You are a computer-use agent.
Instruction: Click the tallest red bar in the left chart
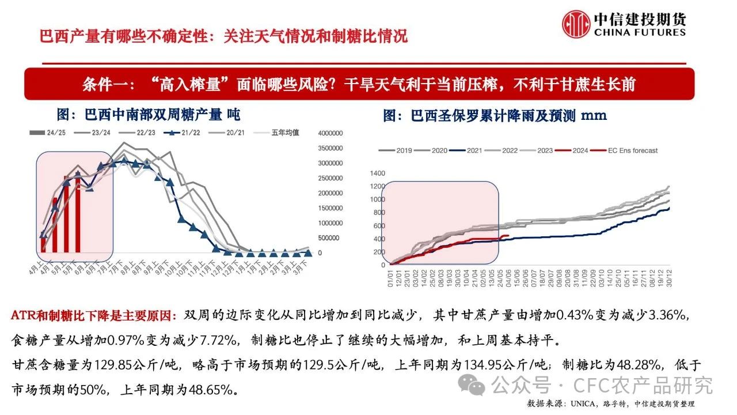[78, 213]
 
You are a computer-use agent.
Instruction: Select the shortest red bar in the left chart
[43, 242]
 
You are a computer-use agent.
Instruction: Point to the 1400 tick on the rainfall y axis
[377, 173]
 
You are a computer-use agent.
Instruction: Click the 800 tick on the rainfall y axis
[378, 213]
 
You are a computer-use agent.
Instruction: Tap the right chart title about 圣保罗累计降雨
[495, 115]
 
